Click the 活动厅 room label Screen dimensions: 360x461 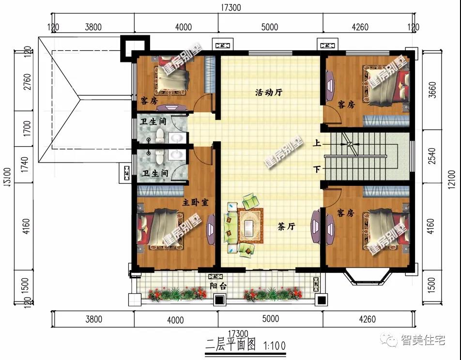tap(269, 93)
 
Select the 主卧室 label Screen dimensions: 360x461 tap(195, 202)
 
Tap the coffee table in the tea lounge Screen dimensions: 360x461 tap(250, 227)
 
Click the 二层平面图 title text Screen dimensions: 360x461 tap(230, 345)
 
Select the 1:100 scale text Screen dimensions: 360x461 tap(275, 345)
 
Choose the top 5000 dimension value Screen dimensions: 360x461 tap(269, 27)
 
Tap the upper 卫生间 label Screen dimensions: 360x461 tap(154, 121)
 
